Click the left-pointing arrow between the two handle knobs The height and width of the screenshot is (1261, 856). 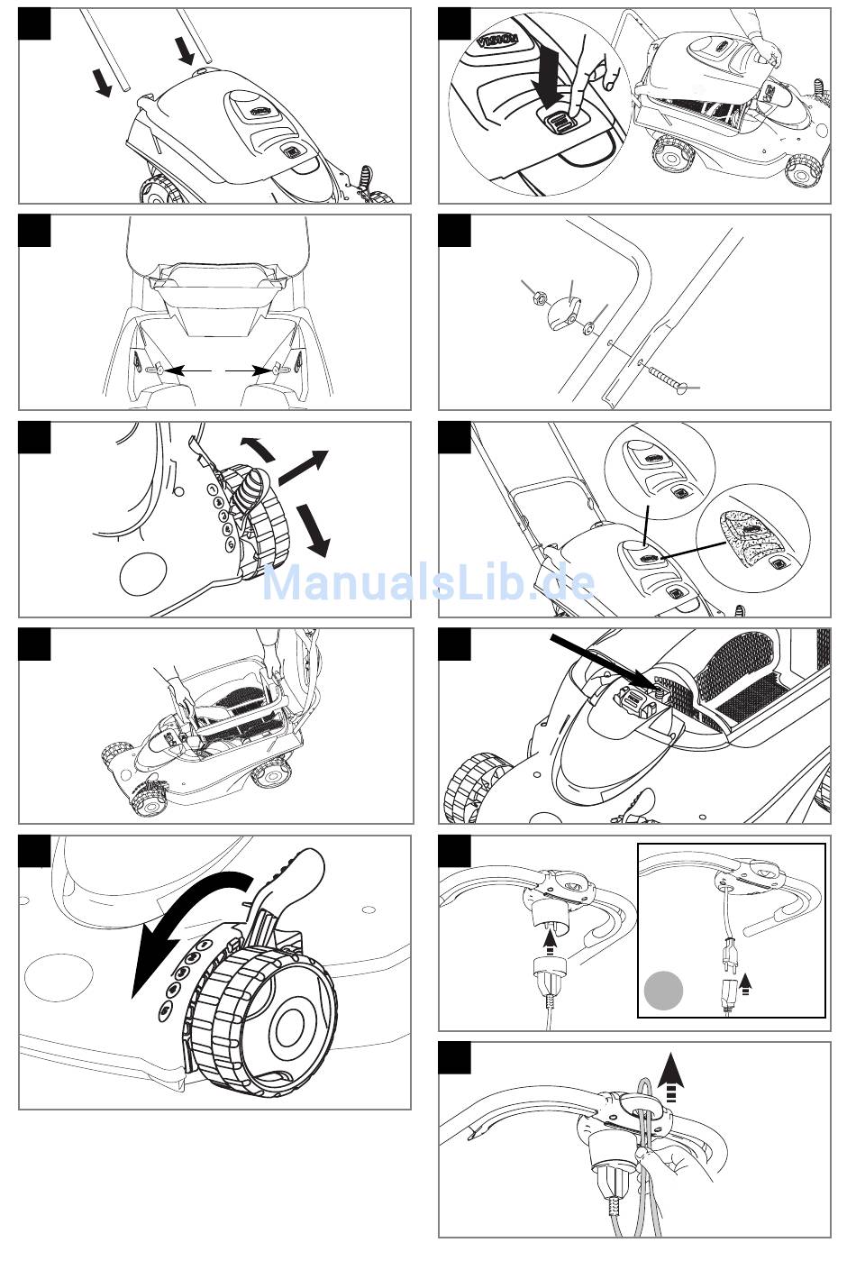click(188, 369)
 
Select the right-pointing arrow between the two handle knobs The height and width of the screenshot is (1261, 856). click(245, 369)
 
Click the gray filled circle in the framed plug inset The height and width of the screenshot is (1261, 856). click(663, 991)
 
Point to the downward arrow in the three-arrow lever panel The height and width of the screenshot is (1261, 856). click(314, 530)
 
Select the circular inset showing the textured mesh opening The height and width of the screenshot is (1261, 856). click(751, 538)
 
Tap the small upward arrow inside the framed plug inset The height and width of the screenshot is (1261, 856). click(745, 983)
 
